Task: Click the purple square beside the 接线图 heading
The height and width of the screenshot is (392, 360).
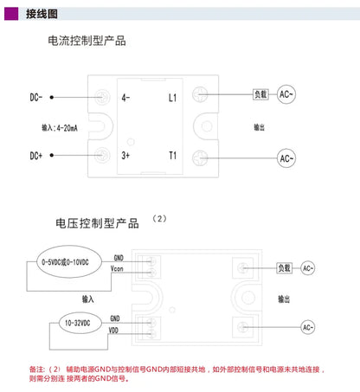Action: [x=11, y=14]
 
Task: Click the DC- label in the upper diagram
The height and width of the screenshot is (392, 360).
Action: [x=36, y=97]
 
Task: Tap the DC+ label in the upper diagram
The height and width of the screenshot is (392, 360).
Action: [x=36, y=156]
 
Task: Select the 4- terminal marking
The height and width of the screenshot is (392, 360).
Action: [x=125, y=98]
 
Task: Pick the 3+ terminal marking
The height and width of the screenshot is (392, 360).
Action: [x=125, y=156]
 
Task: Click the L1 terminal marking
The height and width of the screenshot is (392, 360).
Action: [x=172, y=98]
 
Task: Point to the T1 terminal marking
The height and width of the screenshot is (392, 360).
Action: [x=172, y=156]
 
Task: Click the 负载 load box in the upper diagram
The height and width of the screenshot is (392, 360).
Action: [x=260, y=94]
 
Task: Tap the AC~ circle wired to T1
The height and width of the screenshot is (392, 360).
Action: [x=286, y=158]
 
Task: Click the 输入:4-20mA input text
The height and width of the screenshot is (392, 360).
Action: [x=60, y=128]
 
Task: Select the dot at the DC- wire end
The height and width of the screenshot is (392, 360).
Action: [x=52, y=98]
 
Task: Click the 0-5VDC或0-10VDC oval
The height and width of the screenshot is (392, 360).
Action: [x=69, y=262]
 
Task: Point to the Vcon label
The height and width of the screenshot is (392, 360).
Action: [x=117, y=269]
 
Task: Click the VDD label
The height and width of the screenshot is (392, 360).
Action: [x=113, y=331]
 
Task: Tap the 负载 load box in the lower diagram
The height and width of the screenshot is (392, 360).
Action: [x=284, y=268]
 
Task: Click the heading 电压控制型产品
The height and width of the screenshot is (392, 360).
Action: [x=97, y=223]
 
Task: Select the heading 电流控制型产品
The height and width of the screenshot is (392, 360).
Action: [x=87, y=41]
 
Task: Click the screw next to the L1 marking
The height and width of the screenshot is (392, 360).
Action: [x=200, y=94]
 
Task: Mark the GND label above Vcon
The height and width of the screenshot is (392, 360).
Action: [x=119, y=258]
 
